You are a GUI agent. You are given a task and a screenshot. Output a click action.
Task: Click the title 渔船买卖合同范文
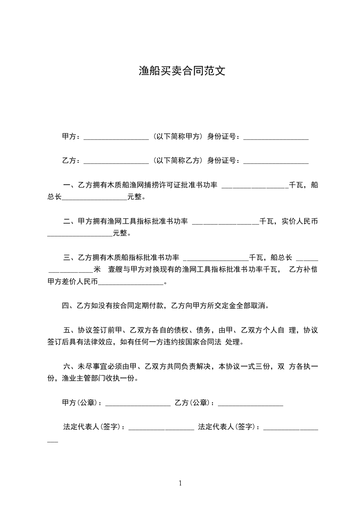[x=182, y=71]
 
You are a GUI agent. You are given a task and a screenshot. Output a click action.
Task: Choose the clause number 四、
[x=68, y=306]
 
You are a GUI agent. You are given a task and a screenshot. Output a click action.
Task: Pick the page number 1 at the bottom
[x=180, y=483]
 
